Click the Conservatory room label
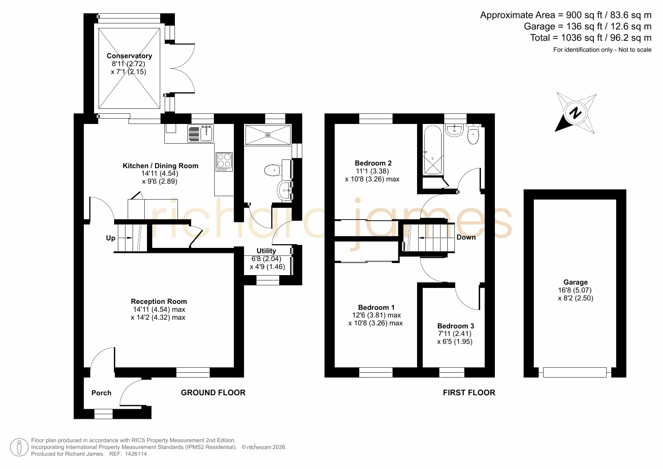click(129, 56)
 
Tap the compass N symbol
click(575, 113)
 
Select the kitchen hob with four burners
click(224, 162)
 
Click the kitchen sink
click(201, 133)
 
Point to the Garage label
click(575, 282)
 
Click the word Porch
click(101, 393)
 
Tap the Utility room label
click(266, 251)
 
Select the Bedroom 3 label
click(456, 326)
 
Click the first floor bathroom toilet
click(473, 135)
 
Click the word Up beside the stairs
click(110, 238)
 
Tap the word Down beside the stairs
click(466, 237)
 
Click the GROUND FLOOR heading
click(213, 393)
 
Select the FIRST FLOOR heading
click(469, 393)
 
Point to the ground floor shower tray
click(268, 135)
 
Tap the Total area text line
click(591, 38)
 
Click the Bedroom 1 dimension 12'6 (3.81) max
click(376, 315)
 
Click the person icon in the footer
click(19, 447)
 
